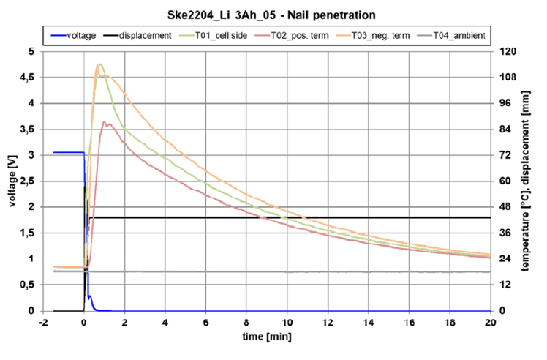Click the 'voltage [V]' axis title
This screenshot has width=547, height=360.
point(13,180)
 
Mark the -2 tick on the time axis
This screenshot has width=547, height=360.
point(43,322)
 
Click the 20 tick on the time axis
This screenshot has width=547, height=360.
point(490,322)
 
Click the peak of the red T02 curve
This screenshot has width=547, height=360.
point(105,121)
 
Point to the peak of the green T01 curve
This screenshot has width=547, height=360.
point(99,64)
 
